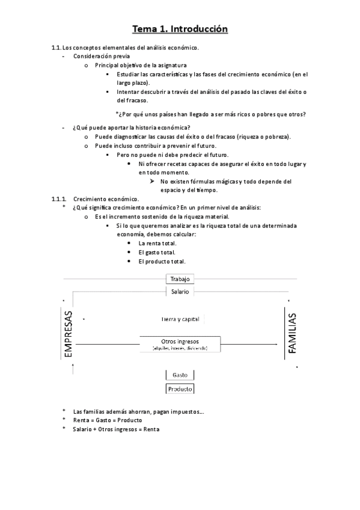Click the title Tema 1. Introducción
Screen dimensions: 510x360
[x=180, y=28]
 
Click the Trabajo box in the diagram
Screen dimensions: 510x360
[x=179, y=279]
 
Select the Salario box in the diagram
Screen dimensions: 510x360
[x=179, y=292]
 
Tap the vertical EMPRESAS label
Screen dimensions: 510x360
[x=68, y=335]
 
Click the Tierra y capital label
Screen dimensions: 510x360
[x=179, y=319]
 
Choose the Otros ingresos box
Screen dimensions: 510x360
[x=179, y=344]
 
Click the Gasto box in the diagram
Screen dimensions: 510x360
[x=179, y=375]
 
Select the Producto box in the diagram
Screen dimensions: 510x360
[x=179, y=389]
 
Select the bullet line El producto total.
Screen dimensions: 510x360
[x=161, y=262]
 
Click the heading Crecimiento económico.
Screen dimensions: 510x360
[x=106, y=199]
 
